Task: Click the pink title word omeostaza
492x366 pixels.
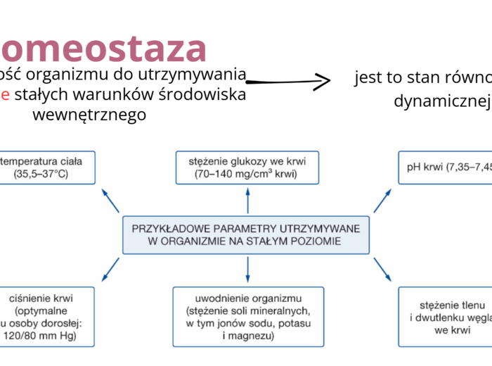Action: tap(104, 48)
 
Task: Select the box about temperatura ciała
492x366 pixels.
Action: tap(45, 167)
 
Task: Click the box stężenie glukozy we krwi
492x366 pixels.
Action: tap(247, 167)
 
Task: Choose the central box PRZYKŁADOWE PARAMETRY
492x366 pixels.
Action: tap(246, 234)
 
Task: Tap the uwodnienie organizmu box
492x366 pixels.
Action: tap(247, 317)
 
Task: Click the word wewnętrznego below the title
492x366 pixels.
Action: tap(90, 115)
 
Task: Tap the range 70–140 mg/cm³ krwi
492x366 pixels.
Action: tap(247, 173)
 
